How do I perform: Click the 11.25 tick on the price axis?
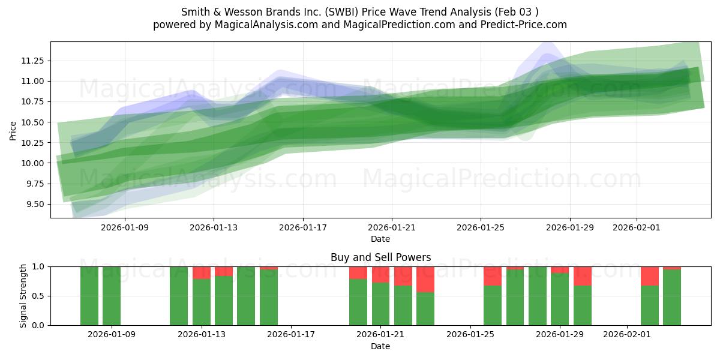click(x=34, y=61)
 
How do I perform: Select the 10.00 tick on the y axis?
click(x=34, y=163)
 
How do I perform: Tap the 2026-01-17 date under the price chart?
click(x=302, y=227)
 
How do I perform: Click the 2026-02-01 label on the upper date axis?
click(x=637, y=227)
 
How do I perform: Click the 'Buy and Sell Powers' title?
click(x=380, y=257)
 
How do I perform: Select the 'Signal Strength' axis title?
click(x=23, y=296)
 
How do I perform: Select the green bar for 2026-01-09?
click(x=112, y=296)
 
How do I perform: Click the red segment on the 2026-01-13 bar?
click(x=202, y=272)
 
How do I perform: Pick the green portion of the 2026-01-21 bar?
click(x=380, y=304)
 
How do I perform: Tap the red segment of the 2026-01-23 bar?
click(x=425, y=279)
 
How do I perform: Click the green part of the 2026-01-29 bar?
click(x=560, y=299)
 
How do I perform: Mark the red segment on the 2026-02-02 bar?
click(x=650, y=276)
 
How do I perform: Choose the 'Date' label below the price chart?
click(x=380, y=239)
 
